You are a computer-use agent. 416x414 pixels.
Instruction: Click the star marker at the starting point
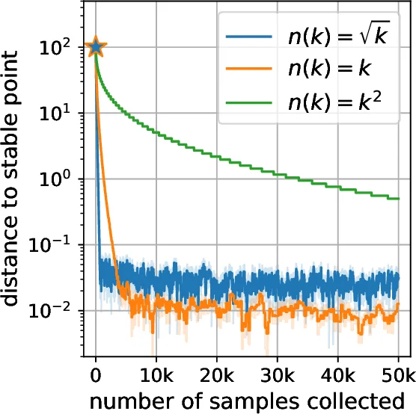(95, 48)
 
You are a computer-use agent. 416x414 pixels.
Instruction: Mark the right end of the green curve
(397, 198)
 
